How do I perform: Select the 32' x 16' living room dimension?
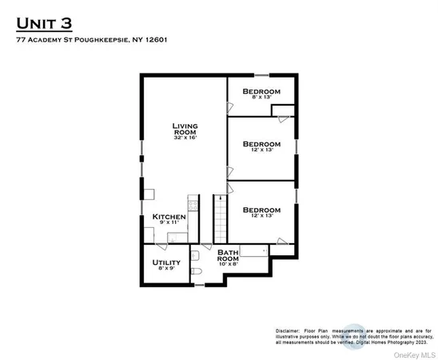pyautogui.click(x=185, y=138)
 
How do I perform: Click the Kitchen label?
pyautogui.click(x=169, y=217)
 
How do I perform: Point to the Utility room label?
pyautogui.click(x=166, y=262)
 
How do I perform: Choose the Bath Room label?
pyautogui.click(x=228, y=256)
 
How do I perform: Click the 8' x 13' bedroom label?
pyautogui.click(x=261, y=99)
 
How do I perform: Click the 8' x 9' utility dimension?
pyautogui.click(x=166, y=270)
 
